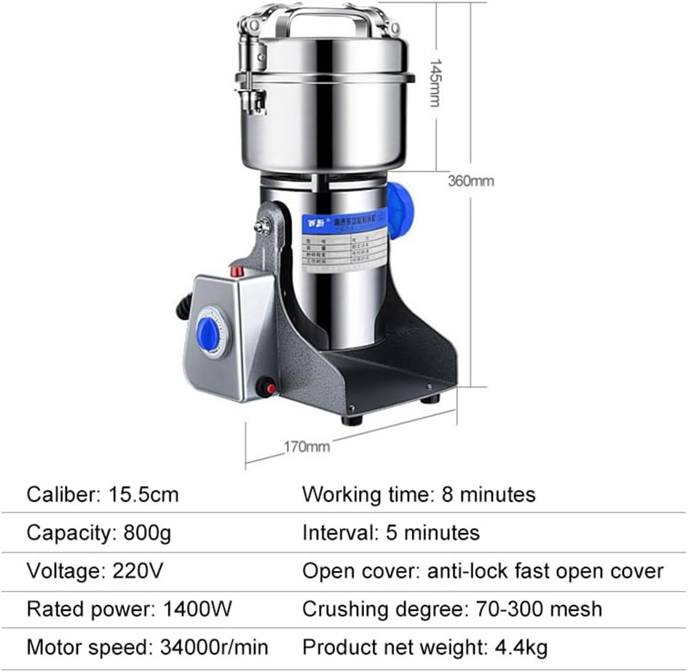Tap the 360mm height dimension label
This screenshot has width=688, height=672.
(470, 180)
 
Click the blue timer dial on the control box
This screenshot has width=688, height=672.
(209, 334)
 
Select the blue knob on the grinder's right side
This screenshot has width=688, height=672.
(399, 210)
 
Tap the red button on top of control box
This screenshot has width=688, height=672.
(237, 271)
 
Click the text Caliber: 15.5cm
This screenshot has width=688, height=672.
(103, 495)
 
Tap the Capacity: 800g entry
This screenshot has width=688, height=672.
(99, 533)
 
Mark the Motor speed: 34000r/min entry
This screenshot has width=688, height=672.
(148, 647)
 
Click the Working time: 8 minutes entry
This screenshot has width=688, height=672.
(419, 495)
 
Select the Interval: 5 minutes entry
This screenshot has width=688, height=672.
(391, 533)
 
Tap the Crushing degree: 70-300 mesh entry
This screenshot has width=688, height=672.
(452, 609)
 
